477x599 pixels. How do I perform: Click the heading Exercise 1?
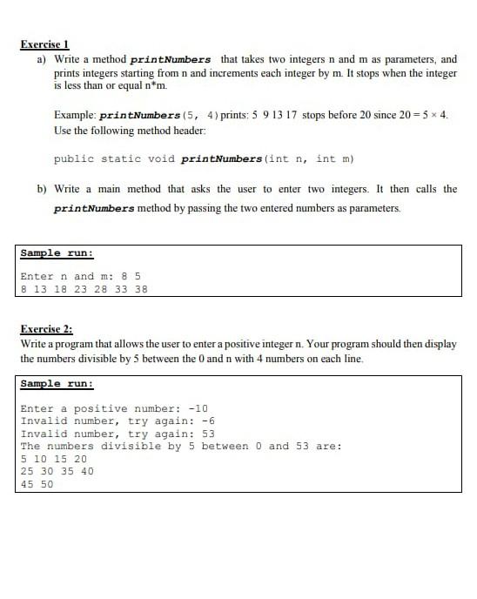click(x=44, y=44)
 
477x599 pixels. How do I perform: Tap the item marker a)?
click(x=41, y=59)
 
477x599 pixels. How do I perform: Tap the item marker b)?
click(x=41, y=189)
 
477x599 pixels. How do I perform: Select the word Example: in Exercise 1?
click(x=75, y=115)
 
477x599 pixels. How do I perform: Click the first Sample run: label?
click(x=57, y=253)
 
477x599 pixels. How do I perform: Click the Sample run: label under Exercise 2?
click(x=57, y=384)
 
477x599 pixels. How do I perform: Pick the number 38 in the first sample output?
click(x=142, y=289)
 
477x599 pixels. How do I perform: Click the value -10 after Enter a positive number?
click(x=198, y=408)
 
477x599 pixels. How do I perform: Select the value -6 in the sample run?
click(x=208, y=421)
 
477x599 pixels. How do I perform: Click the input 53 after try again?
click(x=208, y=434)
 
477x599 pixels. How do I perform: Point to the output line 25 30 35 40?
click(x=57, y=471)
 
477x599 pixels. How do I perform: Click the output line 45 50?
click(x=37, y=484)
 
